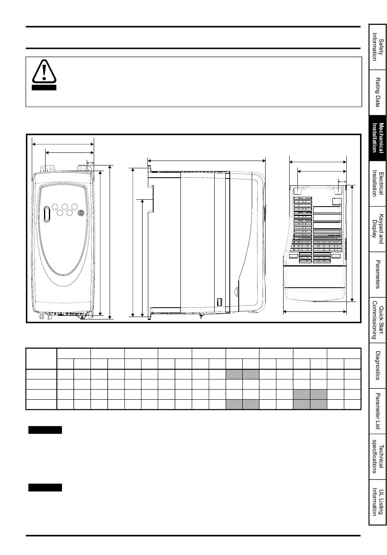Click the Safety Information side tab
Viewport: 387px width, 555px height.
pos(378,46)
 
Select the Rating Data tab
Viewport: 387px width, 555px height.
pos(378,92)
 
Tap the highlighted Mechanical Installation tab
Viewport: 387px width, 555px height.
pos(378,138)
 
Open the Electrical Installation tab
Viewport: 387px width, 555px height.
pos(378,184)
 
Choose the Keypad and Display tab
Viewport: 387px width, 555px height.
pos(378,229)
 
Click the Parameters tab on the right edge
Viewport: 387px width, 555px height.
pos(378,275)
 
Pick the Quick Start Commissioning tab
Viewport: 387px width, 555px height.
pos(378,320)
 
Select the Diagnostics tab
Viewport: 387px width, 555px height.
pos(378,366)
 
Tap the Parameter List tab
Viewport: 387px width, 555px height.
pos(378,411)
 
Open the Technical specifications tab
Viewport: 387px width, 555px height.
pos(378,456)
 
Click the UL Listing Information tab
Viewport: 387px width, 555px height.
pos(378,502)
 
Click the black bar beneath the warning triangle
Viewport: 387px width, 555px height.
pos(44,88)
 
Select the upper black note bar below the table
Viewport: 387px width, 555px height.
pos(45,430)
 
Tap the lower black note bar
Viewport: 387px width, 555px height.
pos(45,487)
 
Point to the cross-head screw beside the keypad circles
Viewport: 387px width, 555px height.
pos(81,213)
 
